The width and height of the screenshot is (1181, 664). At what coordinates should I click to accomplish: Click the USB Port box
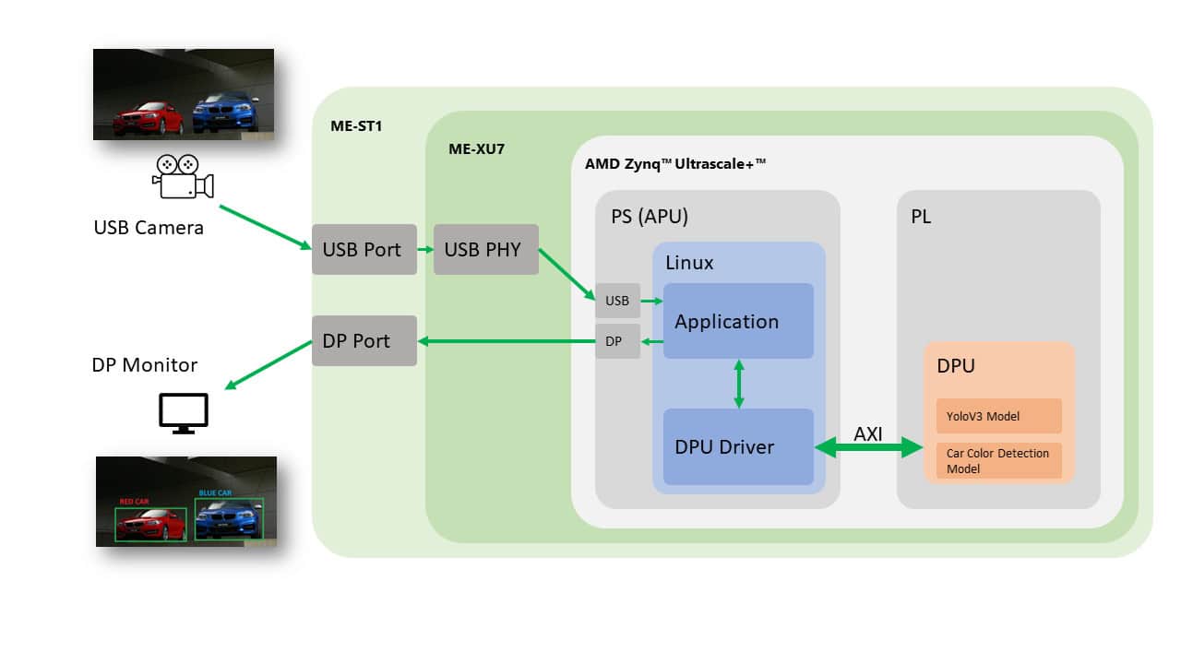364,249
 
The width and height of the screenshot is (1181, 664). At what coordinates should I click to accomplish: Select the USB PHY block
485,249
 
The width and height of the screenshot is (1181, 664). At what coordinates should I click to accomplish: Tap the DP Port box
364,340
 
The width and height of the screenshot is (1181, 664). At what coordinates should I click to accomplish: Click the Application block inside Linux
737,321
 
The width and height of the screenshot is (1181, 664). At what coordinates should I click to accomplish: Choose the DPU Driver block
737,447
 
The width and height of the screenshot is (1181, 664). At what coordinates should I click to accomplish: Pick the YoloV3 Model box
998,416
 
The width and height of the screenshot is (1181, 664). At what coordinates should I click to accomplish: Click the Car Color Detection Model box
998,460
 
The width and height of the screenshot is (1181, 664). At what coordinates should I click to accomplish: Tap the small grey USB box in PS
617,301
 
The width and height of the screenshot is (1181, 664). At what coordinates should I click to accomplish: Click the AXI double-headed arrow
868,448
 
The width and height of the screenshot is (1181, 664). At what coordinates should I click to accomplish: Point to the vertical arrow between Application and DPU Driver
738,384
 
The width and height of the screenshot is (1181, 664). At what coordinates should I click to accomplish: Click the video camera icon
182,177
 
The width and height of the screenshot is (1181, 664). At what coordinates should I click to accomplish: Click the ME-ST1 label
355,125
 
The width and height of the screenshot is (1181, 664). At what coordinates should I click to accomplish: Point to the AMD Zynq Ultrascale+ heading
675,163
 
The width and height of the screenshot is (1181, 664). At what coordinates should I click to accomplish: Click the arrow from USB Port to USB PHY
425,249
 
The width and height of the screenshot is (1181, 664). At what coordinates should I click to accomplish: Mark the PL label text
920,217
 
